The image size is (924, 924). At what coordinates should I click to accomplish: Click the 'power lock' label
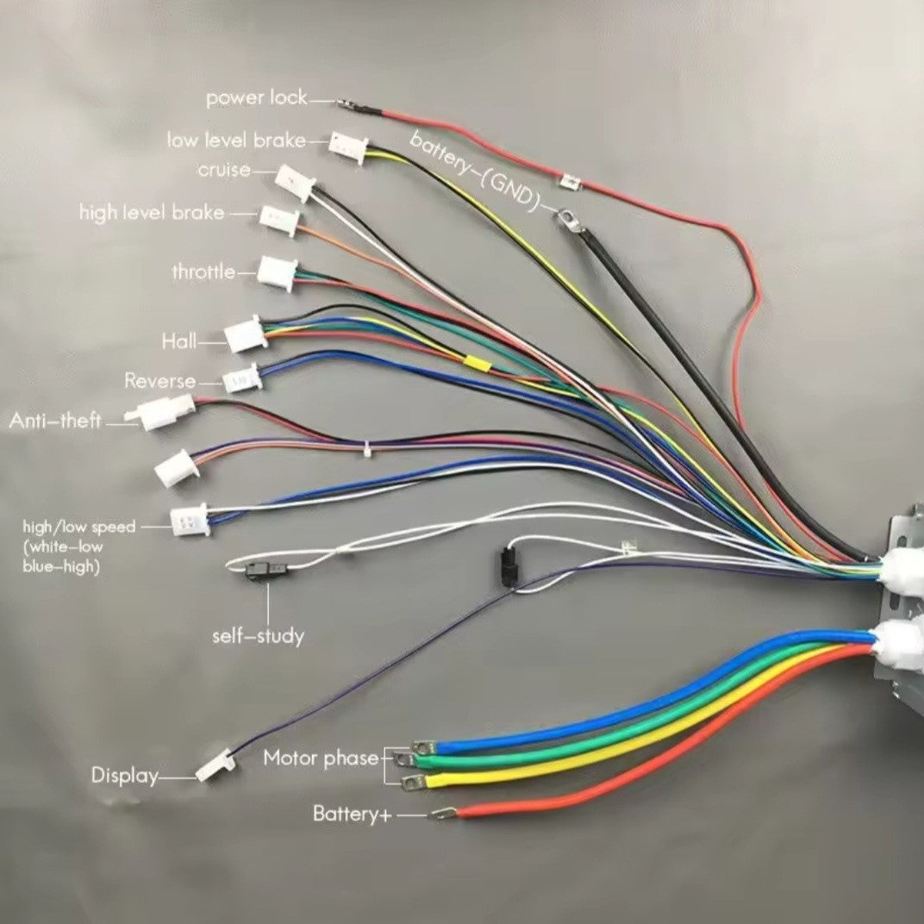click(x=256, y=98)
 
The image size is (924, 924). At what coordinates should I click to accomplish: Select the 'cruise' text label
click(x=224, y=170)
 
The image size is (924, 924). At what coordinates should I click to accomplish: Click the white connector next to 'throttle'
click(x=278, y=273)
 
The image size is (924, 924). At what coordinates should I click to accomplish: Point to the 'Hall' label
click(x=178, y=342)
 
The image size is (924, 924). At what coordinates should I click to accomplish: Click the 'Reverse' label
click(x=159, y=381)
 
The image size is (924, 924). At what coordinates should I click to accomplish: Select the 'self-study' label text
click(x=258, y=637)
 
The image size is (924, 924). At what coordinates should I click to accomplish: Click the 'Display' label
click(x=125, y=776)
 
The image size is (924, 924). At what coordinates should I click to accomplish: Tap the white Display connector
click(x=215, y=765)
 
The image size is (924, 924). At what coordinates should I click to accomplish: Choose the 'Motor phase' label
click(x=321, y=759)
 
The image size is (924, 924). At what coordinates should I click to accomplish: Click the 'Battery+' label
click(x=351, y=814)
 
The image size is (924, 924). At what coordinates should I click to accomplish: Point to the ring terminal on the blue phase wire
click(x=422, y=746)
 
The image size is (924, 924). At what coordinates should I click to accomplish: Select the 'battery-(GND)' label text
click(x=475, y=171)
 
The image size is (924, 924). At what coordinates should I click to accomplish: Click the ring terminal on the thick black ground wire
click(x=566, y=219)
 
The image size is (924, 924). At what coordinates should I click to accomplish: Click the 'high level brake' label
click(x=152, y=212)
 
